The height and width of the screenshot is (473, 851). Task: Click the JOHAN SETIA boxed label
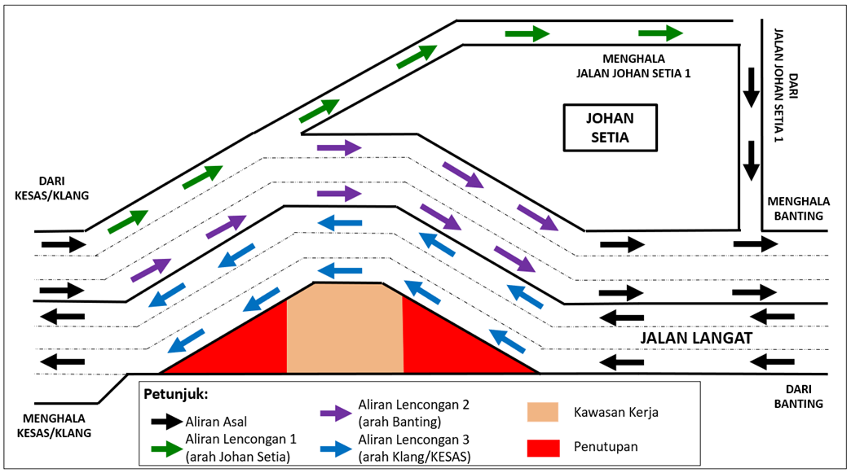(611, 127)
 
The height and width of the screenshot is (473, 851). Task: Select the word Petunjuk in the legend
(175, 395)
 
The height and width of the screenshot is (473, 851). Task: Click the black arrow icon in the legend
(166, 421)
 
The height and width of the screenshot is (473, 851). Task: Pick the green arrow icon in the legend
(166, 447)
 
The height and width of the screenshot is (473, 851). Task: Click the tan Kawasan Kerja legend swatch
(542, 412)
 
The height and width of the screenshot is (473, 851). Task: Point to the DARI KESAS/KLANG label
(51, 189)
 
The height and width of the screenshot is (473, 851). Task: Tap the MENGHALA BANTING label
(795, 208)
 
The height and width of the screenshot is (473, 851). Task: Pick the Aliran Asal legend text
(218, 422)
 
